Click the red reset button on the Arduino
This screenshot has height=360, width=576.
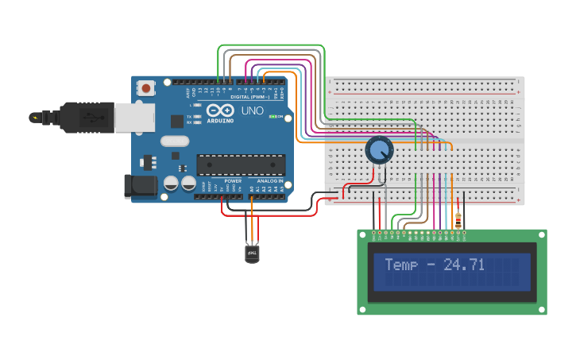click(x=147, y=88)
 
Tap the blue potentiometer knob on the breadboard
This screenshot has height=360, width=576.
click(x=379, y=149)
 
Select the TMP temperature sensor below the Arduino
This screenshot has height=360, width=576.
click(x=251, y=253)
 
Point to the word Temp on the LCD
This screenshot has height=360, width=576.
click(x=400, y=265)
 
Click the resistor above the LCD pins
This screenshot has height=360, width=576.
click(x=457, y=219)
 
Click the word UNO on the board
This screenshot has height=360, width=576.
click(x=252, y=110)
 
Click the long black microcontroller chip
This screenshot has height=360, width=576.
click(x=241, y=164)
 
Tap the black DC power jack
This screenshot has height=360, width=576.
click(x=137, y=187)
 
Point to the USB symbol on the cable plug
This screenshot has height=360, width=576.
click(x=93, y=118)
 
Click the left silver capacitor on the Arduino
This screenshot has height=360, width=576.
click(x=171, y=184)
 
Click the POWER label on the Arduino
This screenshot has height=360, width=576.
click(x=233, y=181)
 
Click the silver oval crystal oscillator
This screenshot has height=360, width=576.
click(x=175, y=141)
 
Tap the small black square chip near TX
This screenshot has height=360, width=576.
click(x=176, y=121)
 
